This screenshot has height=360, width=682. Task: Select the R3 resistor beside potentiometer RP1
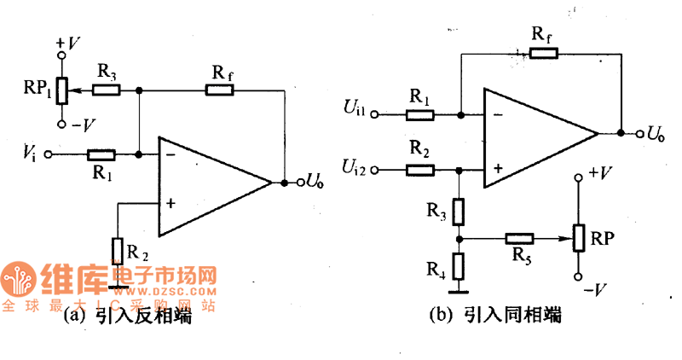pos(107,90)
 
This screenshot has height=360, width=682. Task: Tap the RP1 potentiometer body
pos(61,90)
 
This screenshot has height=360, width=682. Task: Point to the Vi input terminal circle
pos(49,154)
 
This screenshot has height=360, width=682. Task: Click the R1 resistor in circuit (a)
pos(101,154)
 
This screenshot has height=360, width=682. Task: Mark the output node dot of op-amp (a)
pos(282,183)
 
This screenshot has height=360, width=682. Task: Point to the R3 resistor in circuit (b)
pos(459,210)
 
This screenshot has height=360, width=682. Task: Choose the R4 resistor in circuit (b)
pos(459,266)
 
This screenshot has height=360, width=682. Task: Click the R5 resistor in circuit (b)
pos(519,238)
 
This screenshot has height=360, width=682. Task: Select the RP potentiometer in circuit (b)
pos(577,238)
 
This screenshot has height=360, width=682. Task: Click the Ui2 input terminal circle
pos(381,170)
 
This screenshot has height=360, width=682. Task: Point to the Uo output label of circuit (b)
pos(656,133)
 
